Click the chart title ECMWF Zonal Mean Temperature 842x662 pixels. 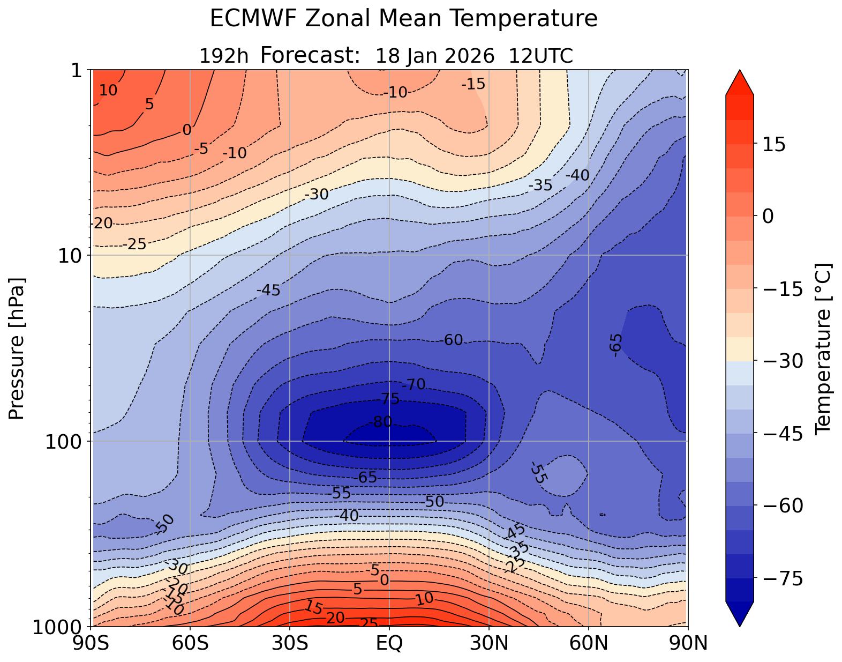[403, 19]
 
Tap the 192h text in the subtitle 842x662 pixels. [223, 56]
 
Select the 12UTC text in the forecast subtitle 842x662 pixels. [541, 56]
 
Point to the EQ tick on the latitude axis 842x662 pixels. [389, 643]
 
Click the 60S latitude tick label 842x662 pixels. [190, 643]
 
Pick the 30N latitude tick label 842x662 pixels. [489, 643]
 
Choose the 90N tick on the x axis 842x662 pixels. [688, 643]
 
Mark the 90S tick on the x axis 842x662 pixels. [93, 643]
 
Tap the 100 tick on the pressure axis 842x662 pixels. [65, 441]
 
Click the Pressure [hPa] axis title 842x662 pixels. [17, 348]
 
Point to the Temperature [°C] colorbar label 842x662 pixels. [823, 348]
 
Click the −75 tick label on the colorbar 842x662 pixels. [783, 579]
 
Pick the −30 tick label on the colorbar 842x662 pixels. [783, 362]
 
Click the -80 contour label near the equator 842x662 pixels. [382, 422]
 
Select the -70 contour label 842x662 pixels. [414, 384]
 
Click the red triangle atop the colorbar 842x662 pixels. [740, 82]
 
